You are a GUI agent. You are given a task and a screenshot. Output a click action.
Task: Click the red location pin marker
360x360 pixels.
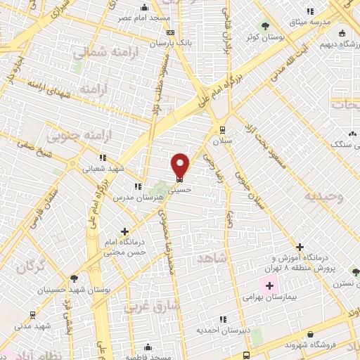181,165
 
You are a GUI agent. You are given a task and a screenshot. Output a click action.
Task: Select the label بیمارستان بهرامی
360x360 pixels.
270,299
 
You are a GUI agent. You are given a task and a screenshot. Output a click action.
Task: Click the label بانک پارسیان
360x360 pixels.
171,44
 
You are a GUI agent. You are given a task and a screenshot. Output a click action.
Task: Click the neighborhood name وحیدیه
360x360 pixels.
324,196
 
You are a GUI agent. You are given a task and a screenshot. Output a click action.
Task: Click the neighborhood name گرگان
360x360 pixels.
31,266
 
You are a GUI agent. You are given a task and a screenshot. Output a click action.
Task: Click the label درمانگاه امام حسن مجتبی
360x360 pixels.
124,246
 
